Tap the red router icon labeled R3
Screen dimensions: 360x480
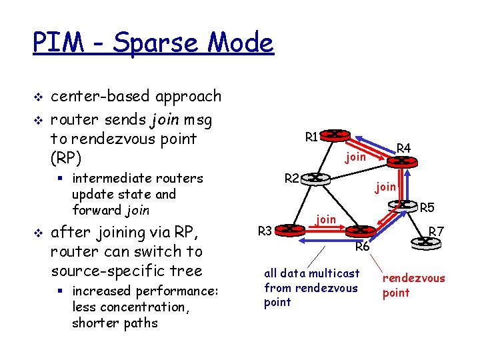click(287, 229)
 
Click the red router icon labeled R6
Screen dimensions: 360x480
click(360, 231)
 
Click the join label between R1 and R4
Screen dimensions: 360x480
click(355, 157)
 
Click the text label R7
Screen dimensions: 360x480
click(437, 232)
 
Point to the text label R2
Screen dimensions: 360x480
click(292, 178)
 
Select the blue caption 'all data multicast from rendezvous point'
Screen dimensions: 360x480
click(311, 287)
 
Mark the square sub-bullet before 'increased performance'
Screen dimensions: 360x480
click(62, 291)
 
